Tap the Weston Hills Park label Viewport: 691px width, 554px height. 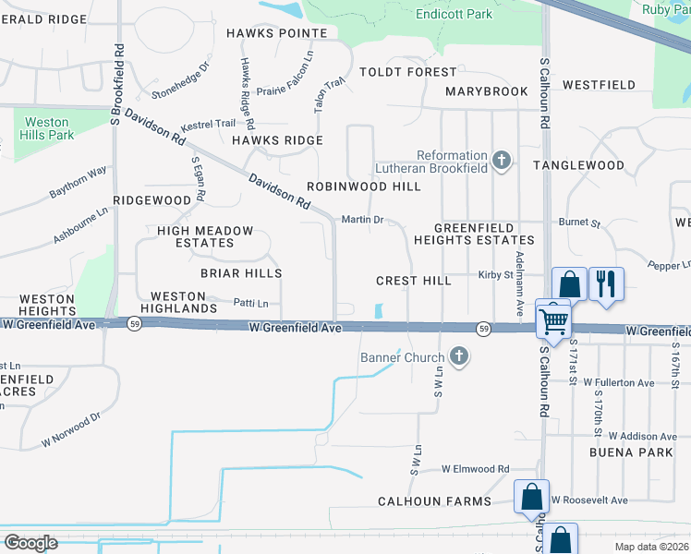46,128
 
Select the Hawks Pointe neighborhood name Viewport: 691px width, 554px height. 276,33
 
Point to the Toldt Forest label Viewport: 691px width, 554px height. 407,72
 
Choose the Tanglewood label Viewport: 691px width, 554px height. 578,165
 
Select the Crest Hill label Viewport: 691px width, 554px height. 414,281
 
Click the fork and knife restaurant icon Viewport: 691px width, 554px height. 606,283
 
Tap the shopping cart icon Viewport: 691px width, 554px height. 553,320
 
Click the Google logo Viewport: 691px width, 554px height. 30,543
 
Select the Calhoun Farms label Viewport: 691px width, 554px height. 434,501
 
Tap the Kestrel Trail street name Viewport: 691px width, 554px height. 208,123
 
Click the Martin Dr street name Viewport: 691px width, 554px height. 362,220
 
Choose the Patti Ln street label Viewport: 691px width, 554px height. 250,303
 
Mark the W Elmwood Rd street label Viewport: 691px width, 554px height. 475,469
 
